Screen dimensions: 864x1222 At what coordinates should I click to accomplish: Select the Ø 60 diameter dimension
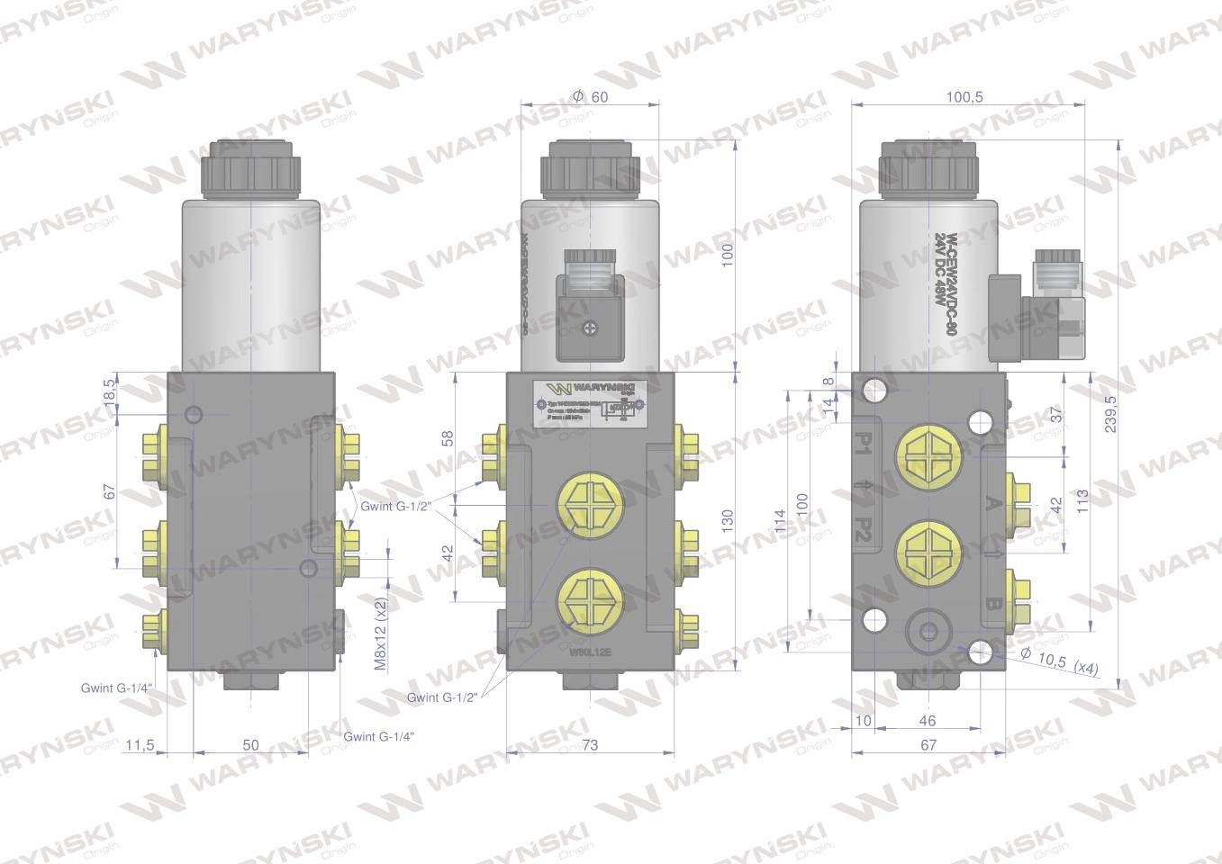click(x=590, y=95)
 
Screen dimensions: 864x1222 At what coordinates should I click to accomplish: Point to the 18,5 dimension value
click(x=110, y=391)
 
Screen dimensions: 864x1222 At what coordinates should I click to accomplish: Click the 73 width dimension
click(x=590, y=744)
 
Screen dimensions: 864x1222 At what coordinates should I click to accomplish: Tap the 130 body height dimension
click(x=728, y=520)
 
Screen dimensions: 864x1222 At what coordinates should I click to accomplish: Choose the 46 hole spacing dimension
click(x=928, y=720)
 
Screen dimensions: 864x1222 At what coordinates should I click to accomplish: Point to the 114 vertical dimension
click(x=780, y=531)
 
